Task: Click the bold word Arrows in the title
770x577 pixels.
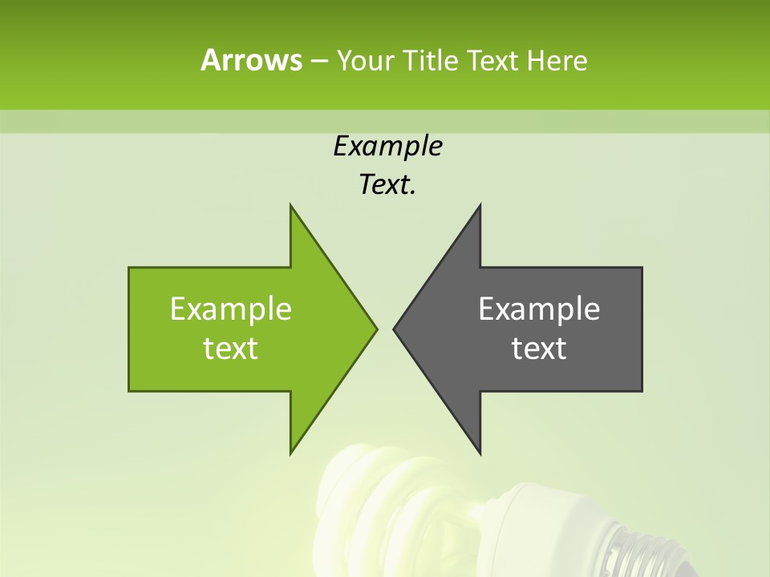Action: pos(250,60)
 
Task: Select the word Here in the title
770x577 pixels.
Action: pos(557,60)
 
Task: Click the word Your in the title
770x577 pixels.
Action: pos(365,60)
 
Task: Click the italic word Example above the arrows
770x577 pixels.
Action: pos(387,147)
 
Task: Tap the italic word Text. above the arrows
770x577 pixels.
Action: pos(387,185)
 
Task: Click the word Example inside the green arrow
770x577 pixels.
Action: pos(231,309)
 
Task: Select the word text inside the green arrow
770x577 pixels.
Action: pos(231,349)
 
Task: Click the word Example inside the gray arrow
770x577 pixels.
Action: pos(539,309)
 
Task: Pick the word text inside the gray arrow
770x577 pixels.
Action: pos(539,349)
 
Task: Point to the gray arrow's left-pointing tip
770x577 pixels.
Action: pos(395,329)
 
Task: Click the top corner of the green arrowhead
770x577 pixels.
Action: pos(291,207)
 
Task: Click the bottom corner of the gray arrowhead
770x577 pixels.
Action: pos(480,452)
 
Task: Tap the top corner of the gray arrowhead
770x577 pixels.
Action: pos(480,207)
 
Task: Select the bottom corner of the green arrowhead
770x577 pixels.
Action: pos(291,452)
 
